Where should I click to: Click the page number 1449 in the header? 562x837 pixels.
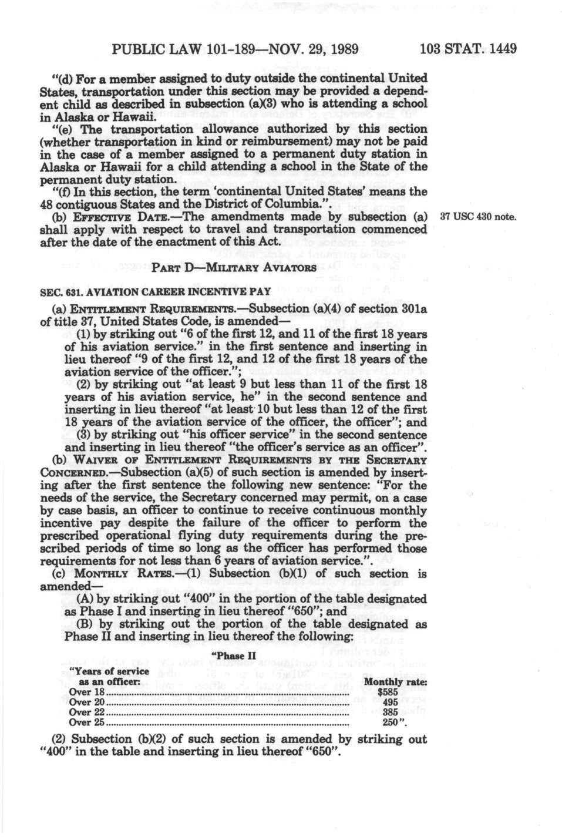point(501,48)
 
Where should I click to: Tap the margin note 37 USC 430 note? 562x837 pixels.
point(477,218)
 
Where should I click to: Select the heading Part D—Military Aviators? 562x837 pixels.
point(234,268)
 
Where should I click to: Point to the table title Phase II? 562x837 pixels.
point(233,656)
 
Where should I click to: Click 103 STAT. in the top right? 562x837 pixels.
point(450,48)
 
